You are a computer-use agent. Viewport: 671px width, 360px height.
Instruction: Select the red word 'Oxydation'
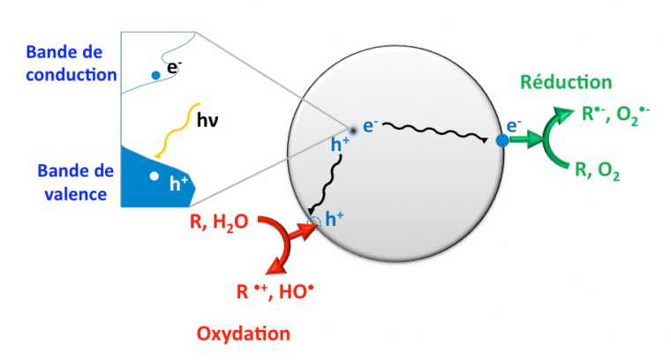pyautogui.click(x=243, y=334)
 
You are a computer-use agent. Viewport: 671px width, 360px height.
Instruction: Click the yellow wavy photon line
pyautogui.click(x=178, y=130)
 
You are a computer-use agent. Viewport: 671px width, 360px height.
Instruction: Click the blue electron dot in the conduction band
pyautogui.click(x=155, y=75)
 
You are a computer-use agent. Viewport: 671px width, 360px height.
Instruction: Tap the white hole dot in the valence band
pyautogui.click(x=154, y=176)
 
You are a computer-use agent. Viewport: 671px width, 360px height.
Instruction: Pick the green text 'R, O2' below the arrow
pyautogui.click(x=600, y=172)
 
